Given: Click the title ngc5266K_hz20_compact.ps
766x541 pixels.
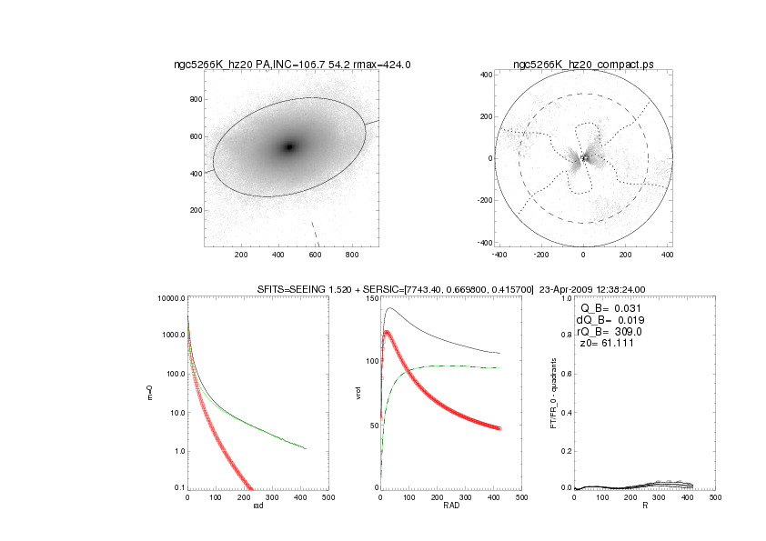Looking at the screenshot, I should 583,65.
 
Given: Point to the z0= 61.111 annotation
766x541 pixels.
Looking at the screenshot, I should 604,344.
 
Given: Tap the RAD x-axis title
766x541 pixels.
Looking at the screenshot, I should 449,507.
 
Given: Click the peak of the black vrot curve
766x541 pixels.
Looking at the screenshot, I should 392,308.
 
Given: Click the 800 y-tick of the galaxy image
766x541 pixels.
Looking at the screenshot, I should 194,99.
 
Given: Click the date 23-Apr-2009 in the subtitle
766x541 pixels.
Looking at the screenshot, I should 540,289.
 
